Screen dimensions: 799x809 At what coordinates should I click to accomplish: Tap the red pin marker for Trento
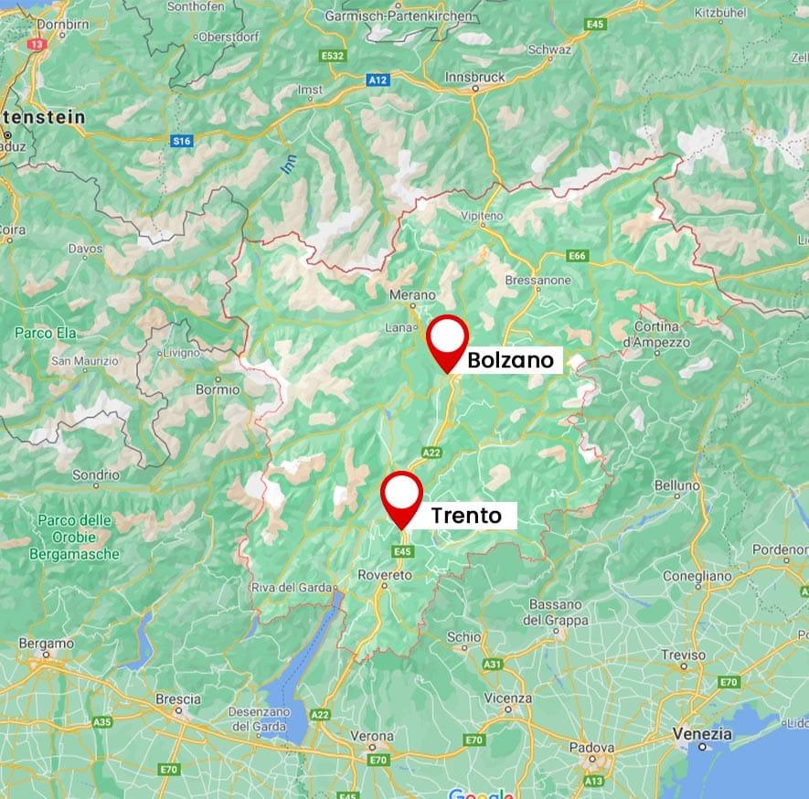[401, 496]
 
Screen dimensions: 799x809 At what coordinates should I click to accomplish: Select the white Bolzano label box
[510, 360]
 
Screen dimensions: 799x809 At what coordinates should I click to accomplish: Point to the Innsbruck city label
[474, 78]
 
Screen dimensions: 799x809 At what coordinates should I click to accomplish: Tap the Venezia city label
[702, 733]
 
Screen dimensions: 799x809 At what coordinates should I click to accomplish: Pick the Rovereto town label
[385, 575]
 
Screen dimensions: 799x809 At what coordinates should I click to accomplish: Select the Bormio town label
[218, 389]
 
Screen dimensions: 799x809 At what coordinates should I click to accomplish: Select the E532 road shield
[333, 57]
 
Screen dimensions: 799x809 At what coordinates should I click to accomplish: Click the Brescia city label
[178, 699]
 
